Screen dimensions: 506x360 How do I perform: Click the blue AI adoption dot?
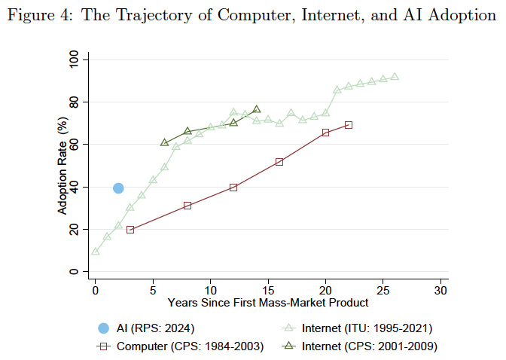pyautogui.click(x=118, y=188)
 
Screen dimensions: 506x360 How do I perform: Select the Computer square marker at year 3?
pyautogui.click(x=130, y=230)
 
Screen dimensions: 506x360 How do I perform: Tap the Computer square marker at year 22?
pyautogui.click(x=349, y=125)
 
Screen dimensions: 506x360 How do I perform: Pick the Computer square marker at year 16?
pyautogui.click(x=279, y=162)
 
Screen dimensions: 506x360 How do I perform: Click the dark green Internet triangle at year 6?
pyautogui.click(x=165, y=142)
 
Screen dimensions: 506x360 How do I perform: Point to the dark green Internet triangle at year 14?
pyautogui.click(x=257, y=108)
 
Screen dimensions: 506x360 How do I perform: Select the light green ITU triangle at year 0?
pyautogui.click(x=96, y=252)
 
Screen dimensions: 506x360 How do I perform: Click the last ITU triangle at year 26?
pyautogui.click(x=395, y=77)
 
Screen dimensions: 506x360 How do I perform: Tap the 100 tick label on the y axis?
pyautogui.click(x=74, y=59)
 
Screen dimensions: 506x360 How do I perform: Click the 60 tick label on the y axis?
pyautogui.click(x=74, y=145)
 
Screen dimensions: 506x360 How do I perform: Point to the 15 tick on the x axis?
pyautogui.click(x=268, y=291)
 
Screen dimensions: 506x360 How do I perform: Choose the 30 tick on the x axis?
pyautogui.click(x=440, y=291)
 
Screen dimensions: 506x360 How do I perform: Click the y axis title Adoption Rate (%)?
pyautogui.click(x=62, y=166)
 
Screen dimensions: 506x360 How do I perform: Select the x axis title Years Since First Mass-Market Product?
pyautogui.click(x=268, y=303)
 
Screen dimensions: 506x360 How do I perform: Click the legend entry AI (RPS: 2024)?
pyautogui.click(x=146, y=328)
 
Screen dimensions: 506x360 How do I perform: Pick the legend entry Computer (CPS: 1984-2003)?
pyautogui.click(x=180, y=346)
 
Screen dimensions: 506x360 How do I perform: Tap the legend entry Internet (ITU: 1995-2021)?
pyautogui.click(x=357, y=328)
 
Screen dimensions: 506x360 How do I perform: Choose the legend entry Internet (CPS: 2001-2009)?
pyautogui.click(x=359, y=346)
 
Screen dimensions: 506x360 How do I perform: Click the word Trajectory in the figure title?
pyautogui.click(x=153, y=16)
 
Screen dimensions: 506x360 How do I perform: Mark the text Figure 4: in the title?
pyautogui.click(x=40, y=16)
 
